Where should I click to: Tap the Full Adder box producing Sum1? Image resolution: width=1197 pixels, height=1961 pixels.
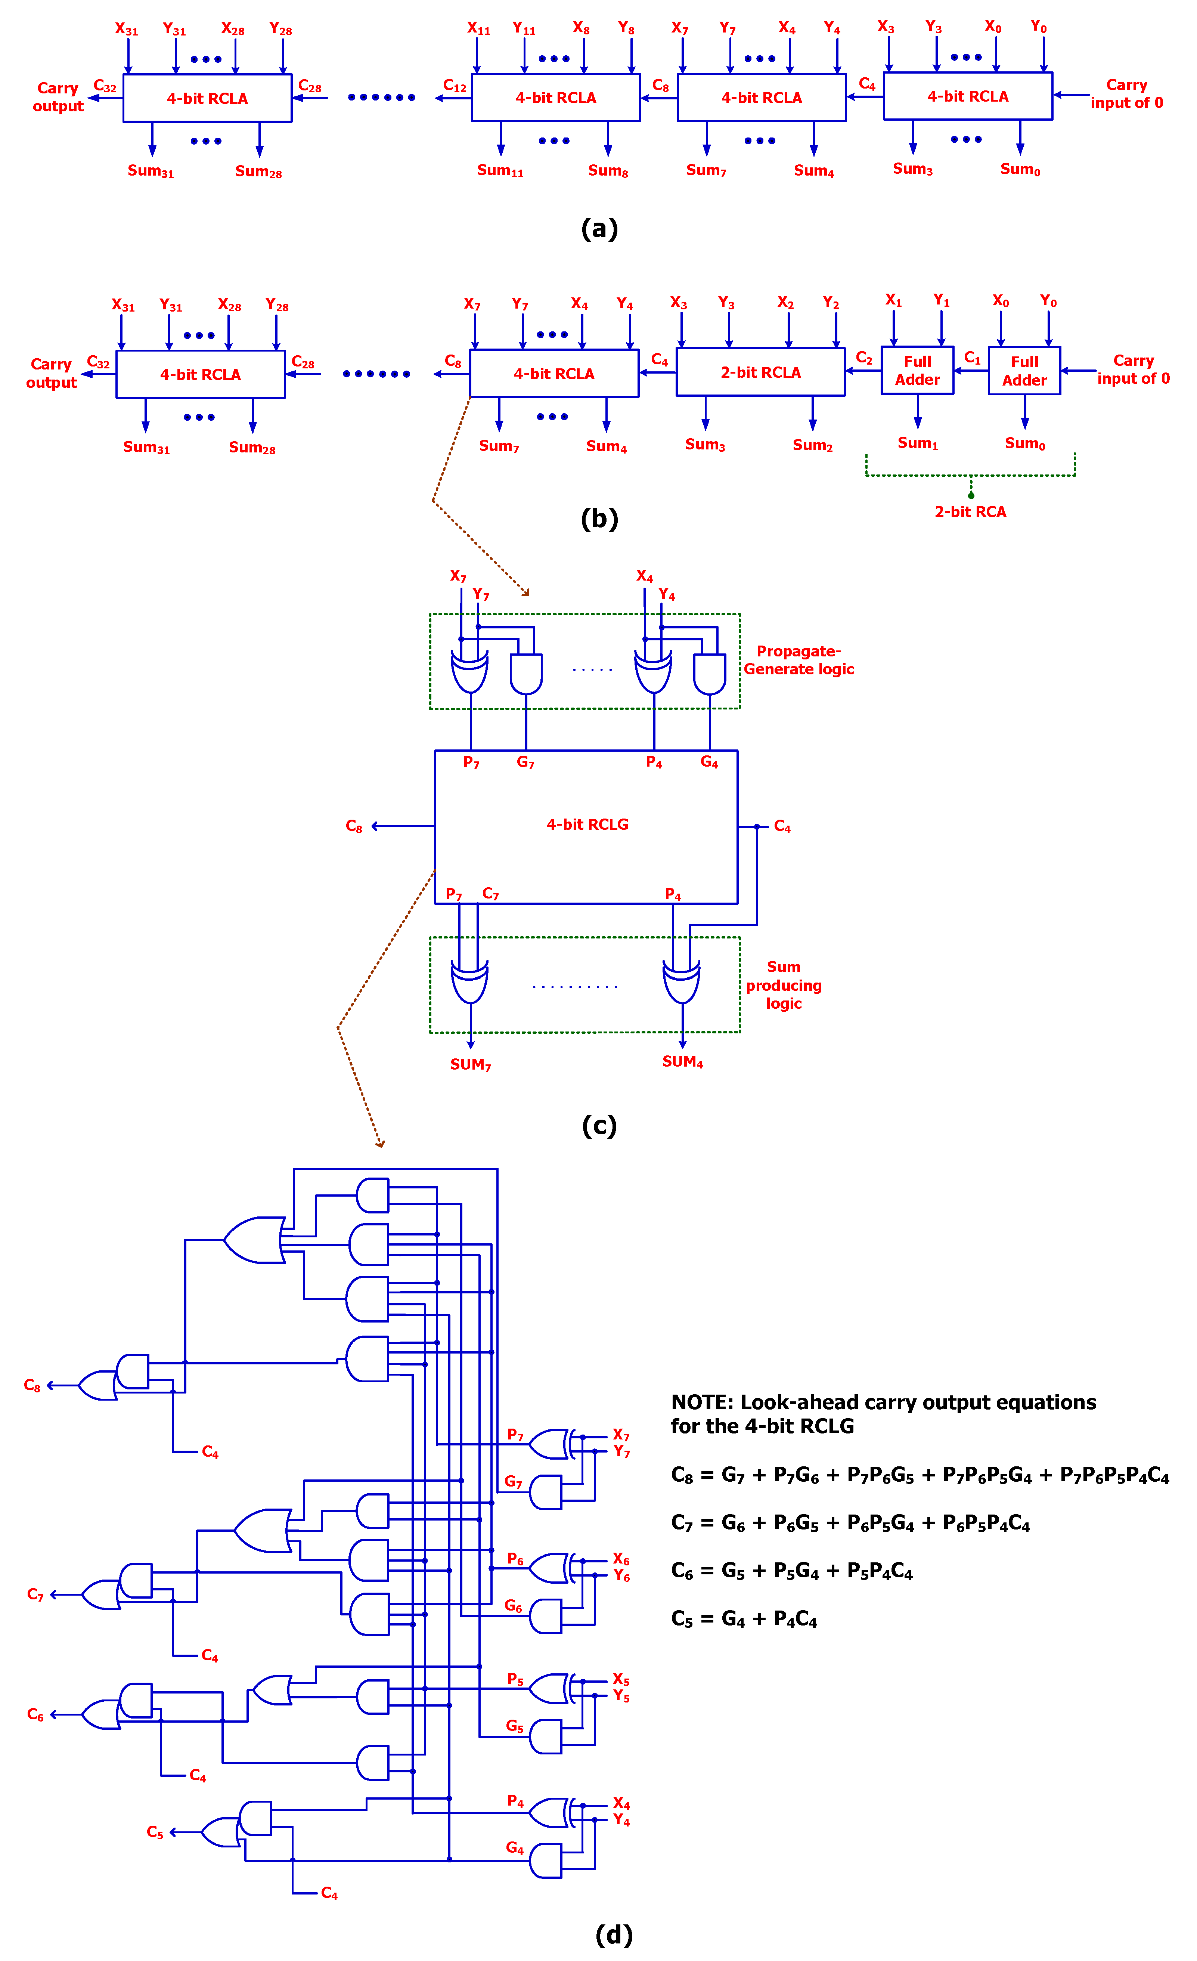pyautogui.click(x=917, y=370)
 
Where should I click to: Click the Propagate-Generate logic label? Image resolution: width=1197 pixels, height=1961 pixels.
pyautogui.click(x=798, y=660)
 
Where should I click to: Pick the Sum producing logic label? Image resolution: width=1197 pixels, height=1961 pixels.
pyautogui.click(x=783, y=984)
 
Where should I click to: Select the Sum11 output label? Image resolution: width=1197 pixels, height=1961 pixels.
pyautogui.click(x=500, y=170)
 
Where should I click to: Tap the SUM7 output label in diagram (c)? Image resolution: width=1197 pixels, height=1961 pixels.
pyautogui.click(x=470, y=1064)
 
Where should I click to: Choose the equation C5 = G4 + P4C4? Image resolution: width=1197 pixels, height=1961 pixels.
pyautogui.click(x=743, y=1619)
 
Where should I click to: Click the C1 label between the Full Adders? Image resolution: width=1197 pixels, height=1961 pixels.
pyautogui.click(x=972, y=357)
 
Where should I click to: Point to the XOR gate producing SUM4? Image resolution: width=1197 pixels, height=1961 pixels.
pyautogui.click(x=682, y=983)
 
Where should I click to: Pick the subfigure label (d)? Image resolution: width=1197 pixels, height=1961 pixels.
pyautogui.click(x=614, y=1934)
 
